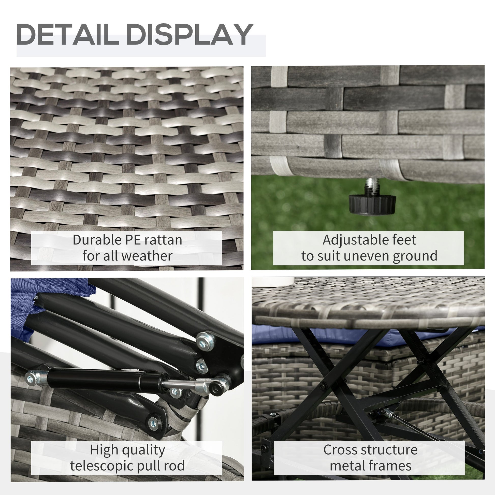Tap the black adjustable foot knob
pyautogui.click(x=372, y=204)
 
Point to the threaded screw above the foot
pyautogui.click(x=371, y=186)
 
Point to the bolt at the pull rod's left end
pyautogui.click(x=30, y=378)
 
